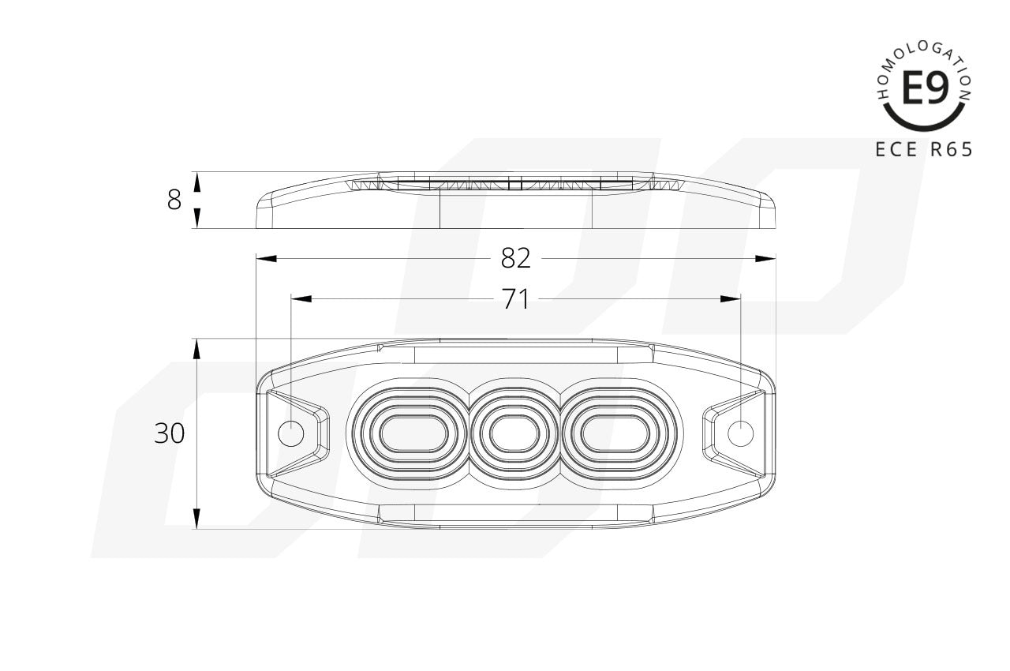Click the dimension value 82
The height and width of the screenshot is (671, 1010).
pyautogui.click(x=516, y=258)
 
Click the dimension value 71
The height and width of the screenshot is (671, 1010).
pyautogui.click(x=515, y=299)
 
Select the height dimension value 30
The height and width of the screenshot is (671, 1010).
pyautogui.click(x=169, y=433)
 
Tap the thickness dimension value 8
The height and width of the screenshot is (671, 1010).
pyautogui.click(x=174, y=201)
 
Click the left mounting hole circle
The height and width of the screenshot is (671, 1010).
pyautogui.click(x=292, y=433)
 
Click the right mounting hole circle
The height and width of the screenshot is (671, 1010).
pyautogui.click(x=740, y=433)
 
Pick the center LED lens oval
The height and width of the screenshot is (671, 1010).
pyautogui.click(x=515, y=433)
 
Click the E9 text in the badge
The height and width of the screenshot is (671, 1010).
pyautogui.click(x=924, y=89)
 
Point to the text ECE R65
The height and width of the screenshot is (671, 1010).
pyautogui.click(x=924, y=149)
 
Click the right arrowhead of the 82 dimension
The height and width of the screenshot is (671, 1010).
pyautogui.click(x=765, y=258)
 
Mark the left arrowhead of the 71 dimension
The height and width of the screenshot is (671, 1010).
pyautogui.click(x=301, y=299)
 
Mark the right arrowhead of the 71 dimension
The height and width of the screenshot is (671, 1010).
pyautogui.click(x=731, y=299)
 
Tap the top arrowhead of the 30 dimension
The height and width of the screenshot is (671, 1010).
pyautogui.click(x=196, y=349)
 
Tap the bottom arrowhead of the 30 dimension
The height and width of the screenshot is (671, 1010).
pyautogui.click(x=196, y=519)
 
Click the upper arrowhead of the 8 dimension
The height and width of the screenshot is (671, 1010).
pyautogui.click(x=196, y=182)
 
